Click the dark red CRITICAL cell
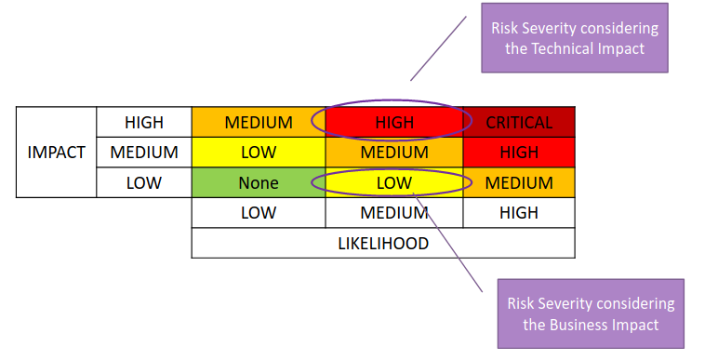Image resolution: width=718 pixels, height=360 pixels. (x=518, y=122)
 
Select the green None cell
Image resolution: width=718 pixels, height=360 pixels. (x=258, y=183)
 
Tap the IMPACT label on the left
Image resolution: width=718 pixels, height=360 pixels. (x=56, y=153)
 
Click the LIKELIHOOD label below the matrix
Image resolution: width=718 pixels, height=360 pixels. (x=382, y=244)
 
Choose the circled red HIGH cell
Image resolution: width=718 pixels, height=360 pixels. (x=393, y=122)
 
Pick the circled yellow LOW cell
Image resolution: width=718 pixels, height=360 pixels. (x=393, y=183)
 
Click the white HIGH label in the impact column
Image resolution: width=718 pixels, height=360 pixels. (x=143, y=122)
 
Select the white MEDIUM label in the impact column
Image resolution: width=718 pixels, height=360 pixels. (x=143, y=153)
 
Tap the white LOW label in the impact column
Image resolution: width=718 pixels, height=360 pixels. (x=143, y=183)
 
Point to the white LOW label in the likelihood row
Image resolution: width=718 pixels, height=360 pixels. (x=258, y=213)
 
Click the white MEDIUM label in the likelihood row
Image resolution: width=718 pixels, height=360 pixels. (x=393, y=213)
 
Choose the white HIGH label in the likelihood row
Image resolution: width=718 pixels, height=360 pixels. (x=518, y=213)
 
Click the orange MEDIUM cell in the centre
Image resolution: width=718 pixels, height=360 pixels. (x=393, y=153)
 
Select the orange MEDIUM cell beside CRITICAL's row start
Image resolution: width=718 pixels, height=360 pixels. (x=258, y=122)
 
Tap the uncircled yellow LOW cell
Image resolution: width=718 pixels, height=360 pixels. (x=258, y=153)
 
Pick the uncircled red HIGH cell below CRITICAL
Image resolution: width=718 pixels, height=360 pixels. (x=518, y=153)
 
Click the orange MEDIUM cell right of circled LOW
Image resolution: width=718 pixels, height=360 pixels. (x=518, y=183)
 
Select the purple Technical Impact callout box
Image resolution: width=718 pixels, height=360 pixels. (x=574, y=38)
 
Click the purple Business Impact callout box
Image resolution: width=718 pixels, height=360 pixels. (x=590, y=314)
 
